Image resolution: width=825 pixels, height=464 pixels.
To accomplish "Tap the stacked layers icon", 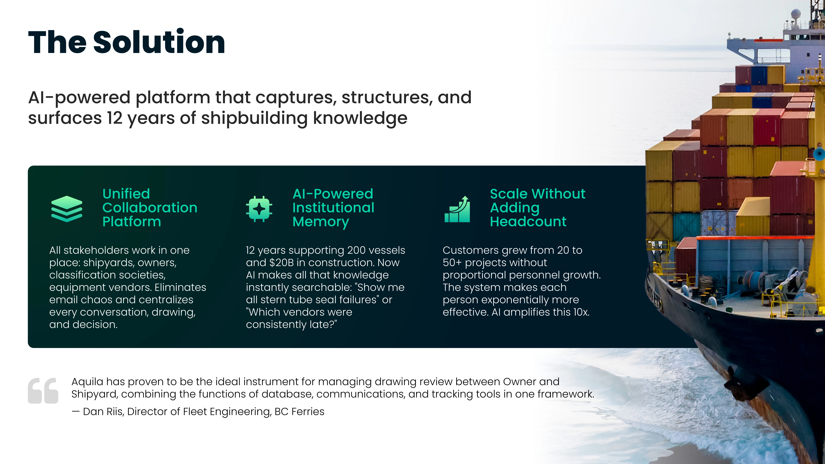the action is (67, 209).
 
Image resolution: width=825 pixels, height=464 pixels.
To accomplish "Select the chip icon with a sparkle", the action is (259, 209).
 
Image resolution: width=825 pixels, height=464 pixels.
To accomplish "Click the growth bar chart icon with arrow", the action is (457, 209).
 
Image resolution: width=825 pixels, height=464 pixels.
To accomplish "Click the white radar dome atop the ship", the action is (796, 14).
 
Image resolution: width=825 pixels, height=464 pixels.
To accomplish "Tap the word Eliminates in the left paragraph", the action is (180, 287).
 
